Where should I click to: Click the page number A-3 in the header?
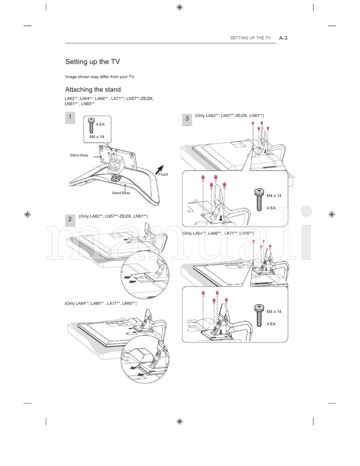click(283, 38)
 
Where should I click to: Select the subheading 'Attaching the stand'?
click(93, 90)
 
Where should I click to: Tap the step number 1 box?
click(70, 118)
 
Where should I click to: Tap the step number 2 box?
click(70, 219)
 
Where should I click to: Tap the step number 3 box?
click(187, 119)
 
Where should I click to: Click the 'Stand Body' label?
click(79, 155)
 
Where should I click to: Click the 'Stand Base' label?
click(121, 193)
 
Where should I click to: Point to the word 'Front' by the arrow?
click(163, 175)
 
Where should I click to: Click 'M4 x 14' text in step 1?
click(96, 136)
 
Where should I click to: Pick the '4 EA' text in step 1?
click(100, 124)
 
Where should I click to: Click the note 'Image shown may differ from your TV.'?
click(100, 76)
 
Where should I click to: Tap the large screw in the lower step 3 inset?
click(259, 314)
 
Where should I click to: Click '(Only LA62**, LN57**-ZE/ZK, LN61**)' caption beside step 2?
click(113, 216)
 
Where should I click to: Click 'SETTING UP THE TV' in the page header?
click(251, 38)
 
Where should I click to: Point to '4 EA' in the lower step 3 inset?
click(271, 323)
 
